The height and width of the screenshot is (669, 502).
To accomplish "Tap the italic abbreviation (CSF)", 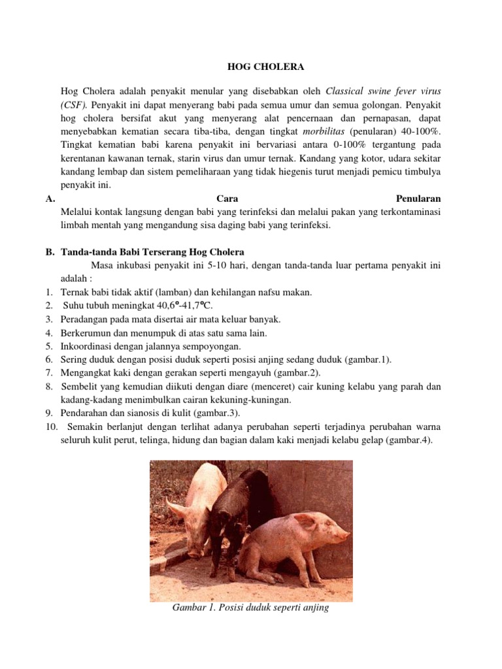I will tap(73, 104).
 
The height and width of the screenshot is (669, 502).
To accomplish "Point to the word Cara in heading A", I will tap(226, 198).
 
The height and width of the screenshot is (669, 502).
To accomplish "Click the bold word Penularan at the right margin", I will tap(418, 198).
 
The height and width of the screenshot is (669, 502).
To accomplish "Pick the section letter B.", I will tap(49, 252).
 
